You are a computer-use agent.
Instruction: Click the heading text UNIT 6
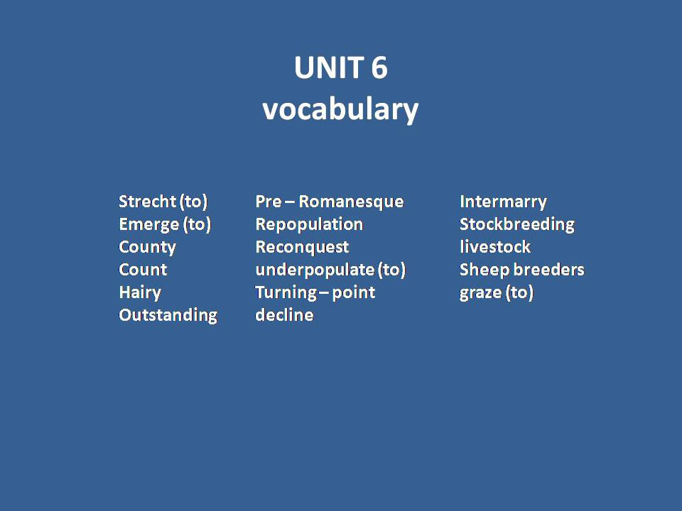pos(340,68)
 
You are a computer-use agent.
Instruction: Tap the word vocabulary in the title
pos(340,109)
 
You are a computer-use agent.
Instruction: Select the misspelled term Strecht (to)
pos(163,202)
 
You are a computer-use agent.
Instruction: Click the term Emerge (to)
pos(165,224)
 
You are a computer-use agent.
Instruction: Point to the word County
pos(147,247)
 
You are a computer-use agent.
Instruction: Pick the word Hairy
pos(140,292)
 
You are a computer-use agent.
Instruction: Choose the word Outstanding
pos(168,315)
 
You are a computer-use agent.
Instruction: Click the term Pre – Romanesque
pos(329,202)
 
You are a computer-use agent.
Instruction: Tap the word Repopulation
pos(309,224)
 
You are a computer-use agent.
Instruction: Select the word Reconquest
pos(302,247)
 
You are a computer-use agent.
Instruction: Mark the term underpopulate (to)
pos(330,270)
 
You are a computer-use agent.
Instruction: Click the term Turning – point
pos(315,292)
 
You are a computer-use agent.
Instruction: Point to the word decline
pos(284,315)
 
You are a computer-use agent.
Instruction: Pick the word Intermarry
pos(503,202)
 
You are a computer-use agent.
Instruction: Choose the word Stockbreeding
pos(516,224)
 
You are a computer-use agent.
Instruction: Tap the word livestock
pos(494,247)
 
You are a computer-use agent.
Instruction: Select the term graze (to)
pos(496,292)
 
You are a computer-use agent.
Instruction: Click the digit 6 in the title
pos(378,68)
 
